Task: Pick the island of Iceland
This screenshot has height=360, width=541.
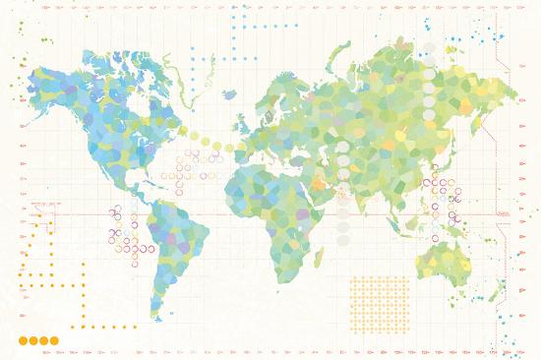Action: [230, 95]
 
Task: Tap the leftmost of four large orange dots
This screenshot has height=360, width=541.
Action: [23, 340]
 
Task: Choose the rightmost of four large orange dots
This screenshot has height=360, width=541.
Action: [54, 340]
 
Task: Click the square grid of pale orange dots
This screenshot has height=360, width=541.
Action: [379, 303]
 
